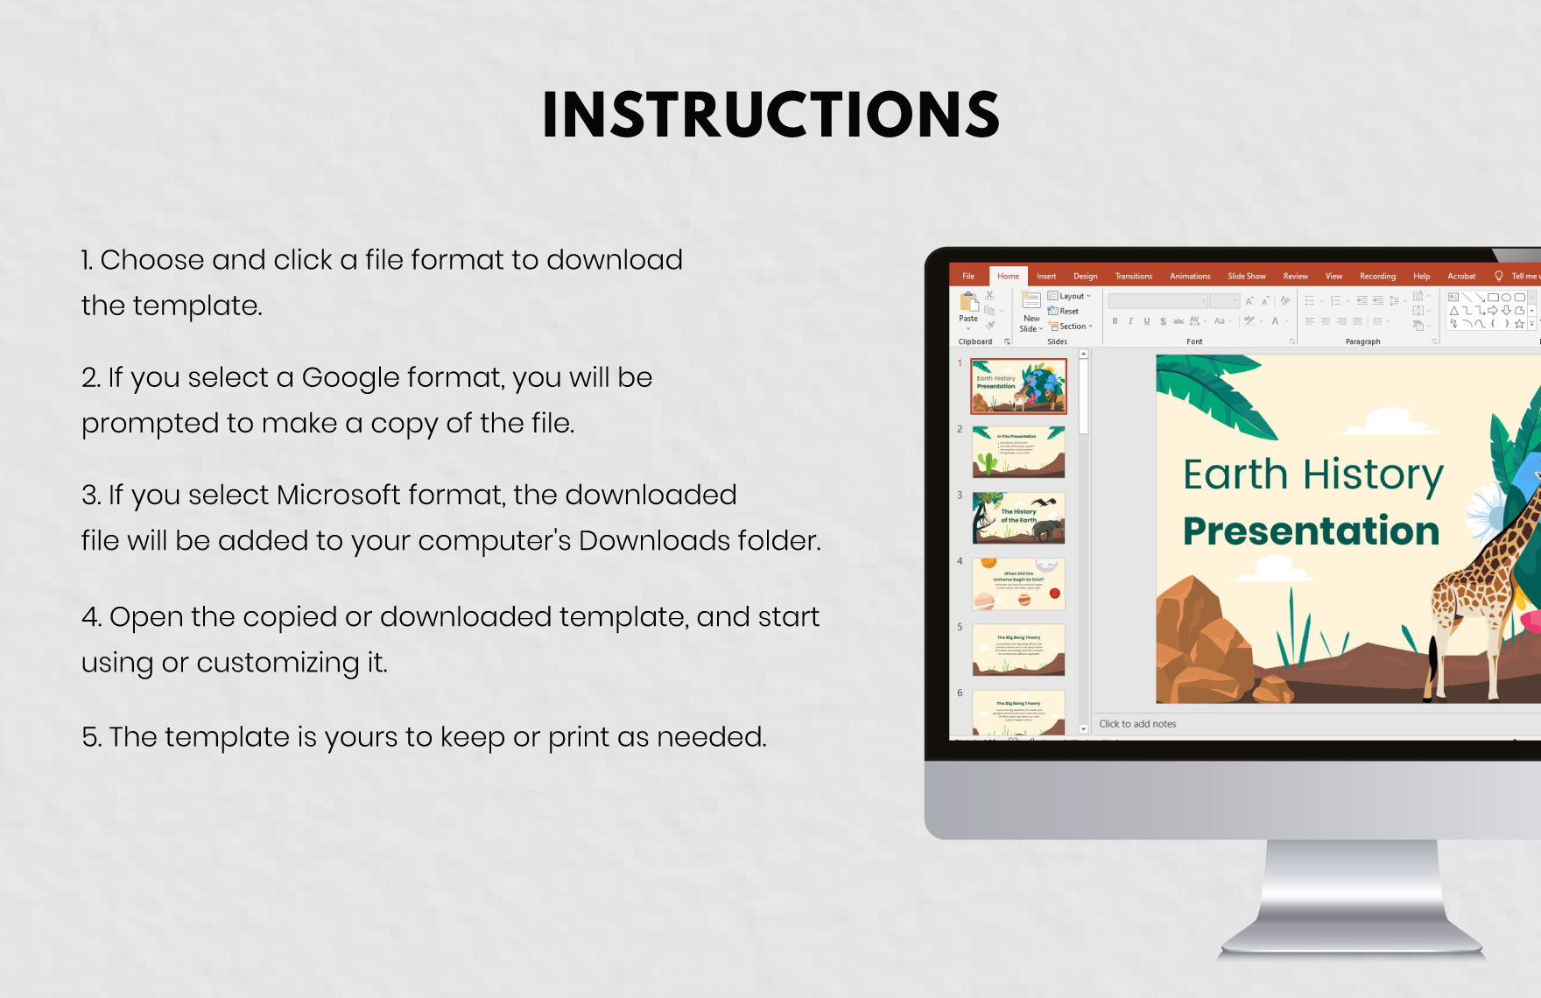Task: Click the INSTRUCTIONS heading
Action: pos(770,115)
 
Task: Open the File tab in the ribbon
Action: pos(968,276)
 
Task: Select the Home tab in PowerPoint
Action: pos(1008,276)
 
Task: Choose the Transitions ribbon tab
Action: pos(1133,276)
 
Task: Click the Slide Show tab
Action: pos(1246,276)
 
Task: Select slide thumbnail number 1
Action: pos(1018,386)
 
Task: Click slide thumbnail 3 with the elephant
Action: pos(1018,517)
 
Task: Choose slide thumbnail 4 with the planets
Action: pos(1018,584)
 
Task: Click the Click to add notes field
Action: pos(1137,724)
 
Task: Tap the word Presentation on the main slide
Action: pos(1311,531)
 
